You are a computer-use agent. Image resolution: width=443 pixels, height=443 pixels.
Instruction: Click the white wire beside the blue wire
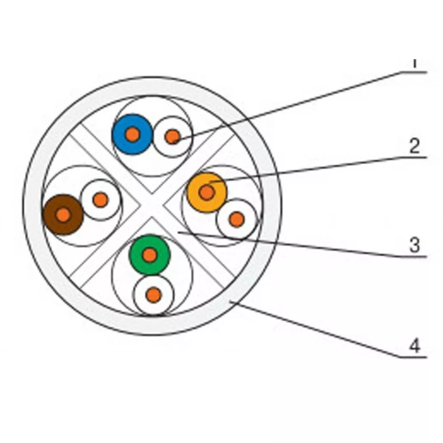(x=173, y=137)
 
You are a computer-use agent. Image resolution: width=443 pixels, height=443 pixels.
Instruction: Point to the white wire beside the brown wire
(x=100, y=200)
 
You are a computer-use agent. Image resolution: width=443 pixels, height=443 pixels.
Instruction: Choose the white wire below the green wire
(x=154, y=295)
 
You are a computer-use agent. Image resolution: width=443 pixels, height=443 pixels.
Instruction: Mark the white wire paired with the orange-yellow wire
(x=236, y=219)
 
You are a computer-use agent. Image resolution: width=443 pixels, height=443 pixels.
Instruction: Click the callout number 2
(x=414, y=147)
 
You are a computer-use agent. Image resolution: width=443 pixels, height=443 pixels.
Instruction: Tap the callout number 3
(x=414, y=245)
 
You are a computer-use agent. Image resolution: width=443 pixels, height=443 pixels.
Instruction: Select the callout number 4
(x=414, y=346)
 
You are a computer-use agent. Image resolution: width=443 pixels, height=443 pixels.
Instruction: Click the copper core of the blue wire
(x=133, y=135)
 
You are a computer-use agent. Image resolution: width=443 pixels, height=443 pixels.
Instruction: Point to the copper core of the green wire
(x=150, y=255)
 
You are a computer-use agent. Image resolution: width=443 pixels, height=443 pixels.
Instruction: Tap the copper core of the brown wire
(x=63, y=215)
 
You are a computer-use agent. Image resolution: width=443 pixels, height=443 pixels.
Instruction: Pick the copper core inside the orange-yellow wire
(x=206, y=193)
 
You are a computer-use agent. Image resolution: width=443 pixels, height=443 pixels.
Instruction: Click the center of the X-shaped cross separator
(x=152, y=205)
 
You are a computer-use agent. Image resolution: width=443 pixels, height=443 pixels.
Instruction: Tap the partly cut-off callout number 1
(x=414, y=63)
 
